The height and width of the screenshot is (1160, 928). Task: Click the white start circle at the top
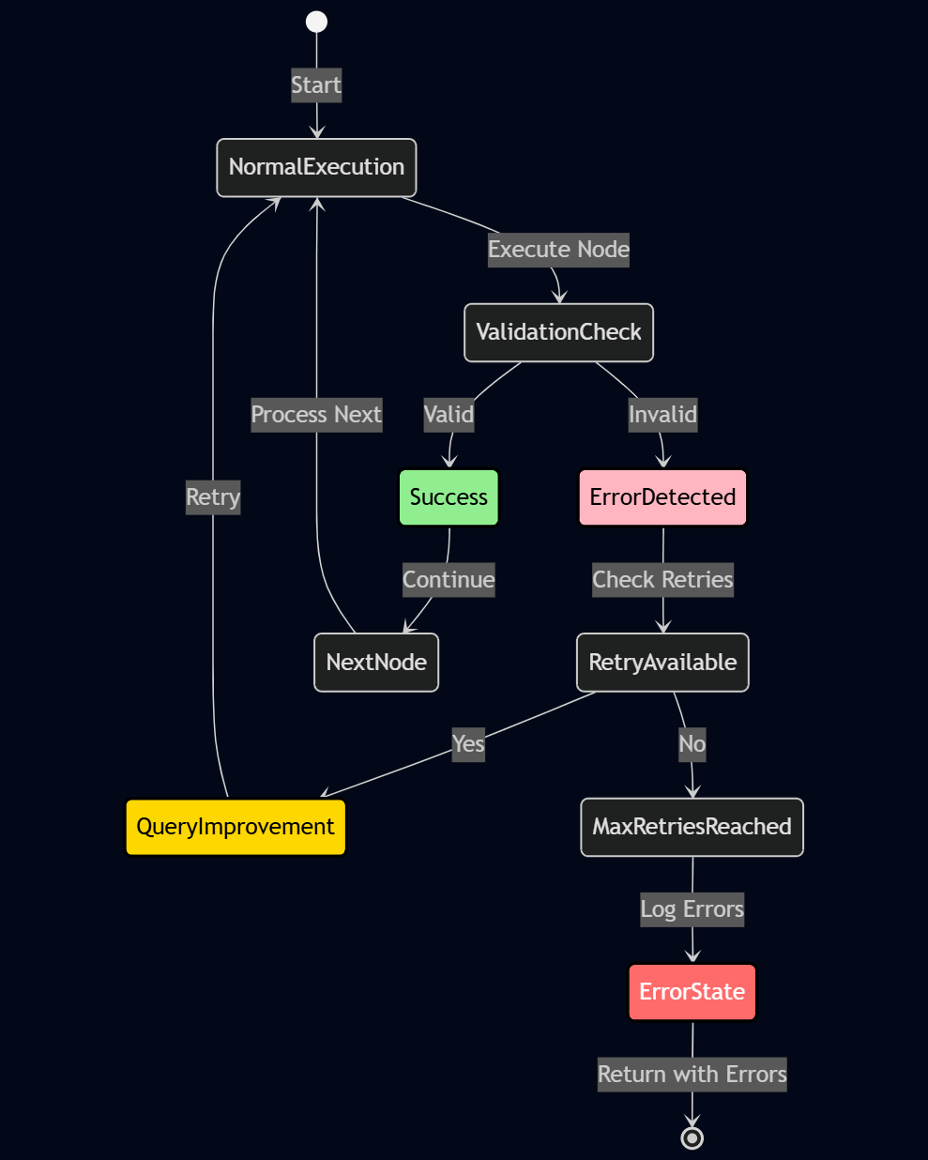317,22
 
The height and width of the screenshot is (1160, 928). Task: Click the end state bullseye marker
692,1137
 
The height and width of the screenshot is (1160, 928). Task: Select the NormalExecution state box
316,168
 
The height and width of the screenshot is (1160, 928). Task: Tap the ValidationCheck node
558,332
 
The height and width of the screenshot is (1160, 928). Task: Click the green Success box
449,497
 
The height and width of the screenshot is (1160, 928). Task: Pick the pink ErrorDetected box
662,497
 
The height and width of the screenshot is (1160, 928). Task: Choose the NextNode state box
376,663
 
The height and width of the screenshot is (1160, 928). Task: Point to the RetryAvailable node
662,663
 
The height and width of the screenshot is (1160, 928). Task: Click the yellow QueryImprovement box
236,827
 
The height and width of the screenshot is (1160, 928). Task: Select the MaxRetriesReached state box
692,827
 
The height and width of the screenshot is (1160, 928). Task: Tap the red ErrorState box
692,992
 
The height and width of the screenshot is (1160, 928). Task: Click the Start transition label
316,85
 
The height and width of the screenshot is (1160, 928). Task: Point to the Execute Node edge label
558,250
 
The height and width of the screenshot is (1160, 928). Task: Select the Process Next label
316,415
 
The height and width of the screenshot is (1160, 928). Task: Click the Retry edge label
213,497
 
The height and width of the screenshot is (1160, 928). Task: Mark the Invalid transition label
662,415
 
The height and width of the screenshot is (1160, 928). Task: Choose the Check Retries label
662,580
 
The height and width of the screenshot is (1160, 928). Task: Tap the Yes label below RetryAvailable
468,744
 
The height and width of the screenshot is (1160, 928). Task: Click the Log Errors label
692,909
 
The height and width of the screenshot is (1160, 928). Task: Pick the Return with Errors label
692,1075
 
